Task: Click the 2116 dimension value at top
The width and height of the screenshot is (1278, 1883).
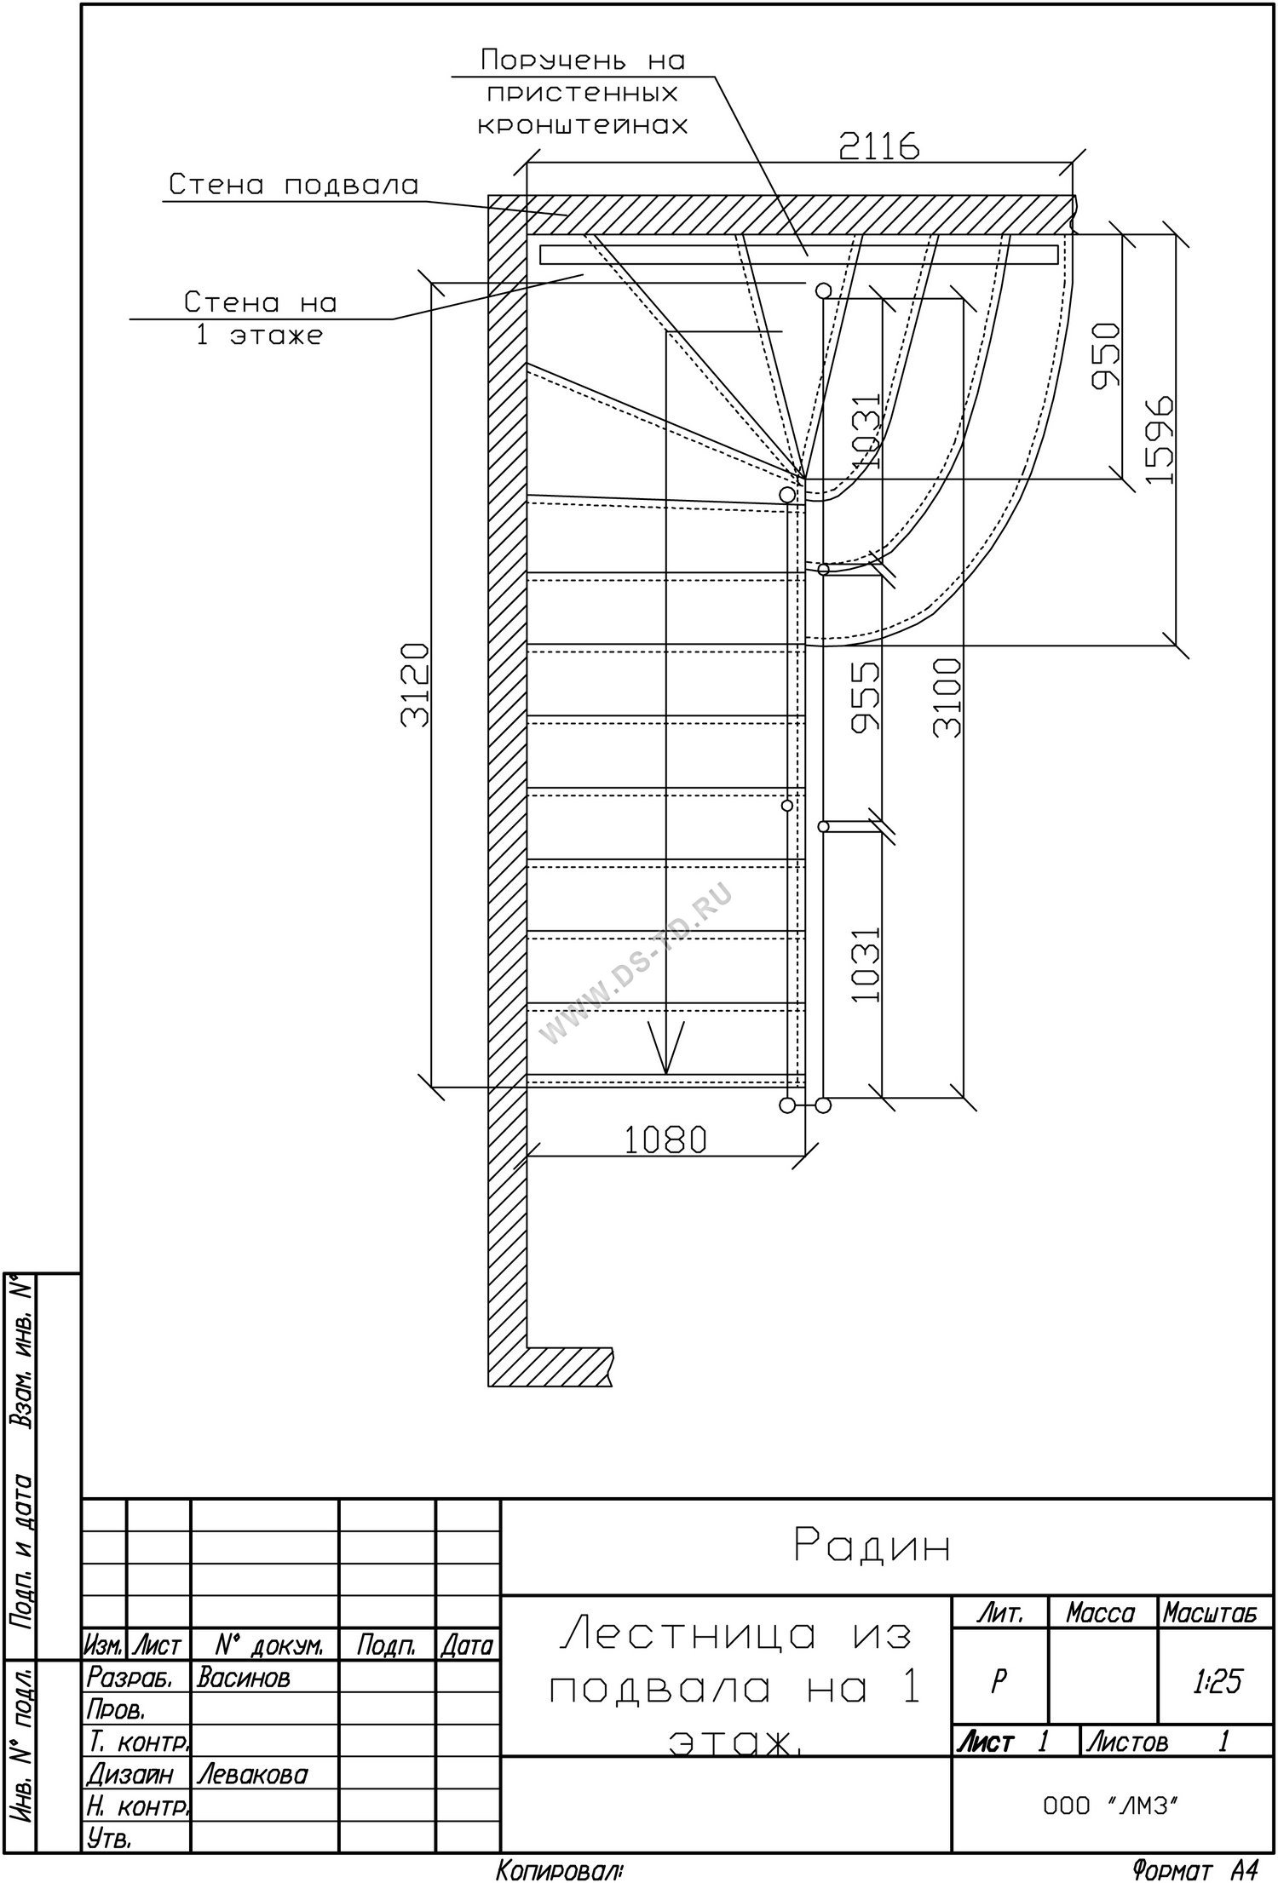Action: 878,147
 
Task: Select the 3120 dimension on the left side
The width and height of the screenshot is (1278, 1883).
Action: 415,685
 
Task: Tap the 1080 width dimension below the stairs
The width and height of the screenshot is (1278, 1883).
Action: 665,1139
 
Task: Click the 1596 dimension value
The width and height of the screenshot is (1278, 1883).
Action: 1160,439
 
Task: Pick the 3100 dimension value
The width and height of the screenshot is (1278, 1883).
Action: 947,697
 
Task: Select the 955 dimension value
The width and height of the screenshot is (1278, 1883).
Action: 866,697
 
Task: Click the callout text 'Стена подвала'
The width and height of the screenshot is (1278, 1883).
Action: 294,184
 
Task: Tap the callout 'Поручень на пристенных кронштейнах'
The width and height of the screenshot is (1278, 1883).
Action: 582,92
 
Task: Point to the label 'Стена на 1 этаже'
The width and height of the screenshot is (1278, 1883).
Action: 261,319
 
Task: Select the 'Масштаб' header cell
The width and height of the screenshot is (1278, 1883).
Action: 1210,1614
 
